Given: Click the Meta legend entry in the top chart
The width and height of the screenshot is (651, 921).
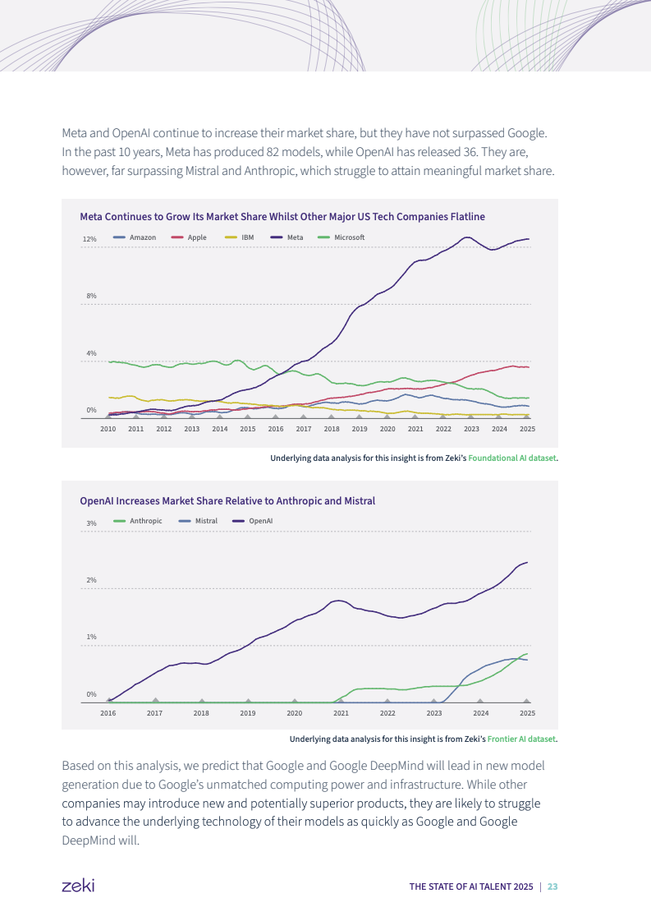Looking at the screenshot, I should [296, 237].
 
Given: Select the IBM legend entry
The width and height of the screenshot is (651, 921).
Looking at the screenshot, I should [247, 237].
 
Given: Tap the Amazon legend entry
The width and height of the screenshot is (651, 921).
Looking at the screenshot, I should [142, 237].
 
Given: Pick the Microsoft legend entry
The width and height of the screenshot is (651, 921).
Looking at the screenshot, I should [349, 237].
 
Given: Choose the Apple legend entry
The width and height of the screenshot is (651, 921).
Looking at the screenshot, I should [197, 237].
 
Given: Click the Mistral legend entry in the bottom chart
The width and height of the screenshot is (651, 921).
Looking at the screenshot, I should [206, 521].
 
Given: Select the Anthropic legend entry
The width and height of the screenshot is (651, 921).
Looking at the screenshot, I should [145, 521].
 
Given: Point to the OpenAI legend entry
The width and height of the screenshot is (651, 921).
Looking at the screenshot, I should [260, 521].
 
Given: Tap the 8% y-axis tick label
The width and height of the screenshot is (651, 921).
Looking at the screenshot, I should [90, 296].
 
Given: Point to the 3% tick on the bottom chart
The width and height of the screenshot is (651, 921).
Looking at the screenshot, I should [91, 523].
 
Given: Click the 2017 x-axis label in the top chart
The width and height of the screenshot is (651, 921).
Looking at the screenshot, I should [304, 429].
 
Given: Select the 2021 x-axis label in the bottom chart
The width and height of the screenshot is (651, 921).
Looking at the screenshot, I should [342, 713].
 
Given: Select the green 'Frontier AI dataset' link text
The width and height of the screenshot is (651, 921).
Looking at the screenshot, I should [521, 739].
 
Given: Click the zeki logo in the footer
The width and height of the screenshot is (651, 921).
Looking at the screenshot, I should [78, 886].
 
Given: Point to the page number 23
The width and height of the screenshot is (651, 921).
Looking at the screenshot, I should [552, 886].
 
